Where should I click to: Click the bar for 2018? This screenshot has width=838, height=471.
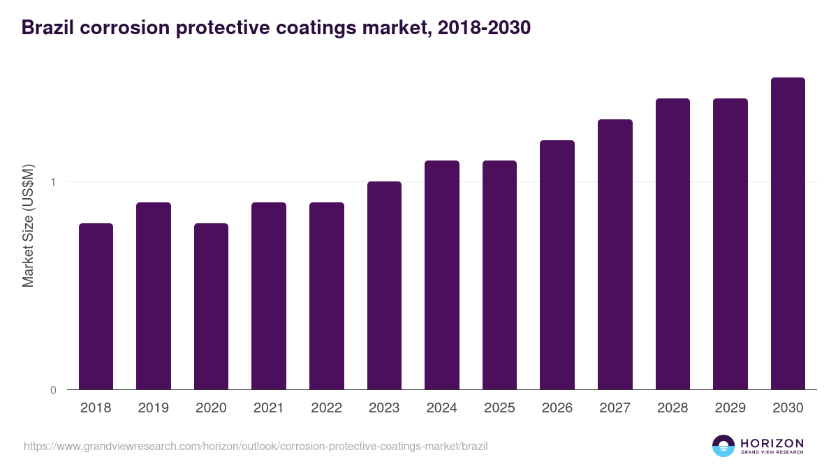click(96, 306)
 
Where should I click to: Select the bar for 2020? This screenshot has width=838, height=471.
click(211, 306)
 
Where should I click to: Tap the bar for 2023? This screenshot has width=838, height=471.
click(384, 285)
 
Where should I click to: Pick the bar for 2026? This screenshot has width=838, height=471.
click(557, 264)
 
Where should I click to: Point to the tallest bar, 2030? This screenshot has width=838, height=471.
click(788, 233)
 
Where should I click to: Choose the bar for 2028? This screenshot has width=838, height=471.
click(672, 244)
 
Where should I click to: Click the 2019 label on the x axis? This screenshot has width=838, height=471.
click(153, 408)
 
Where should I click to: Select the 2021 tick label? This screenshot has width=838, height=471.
click(269, 408)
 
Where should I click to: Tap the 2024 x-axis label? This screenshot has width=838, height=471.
click(441, 408)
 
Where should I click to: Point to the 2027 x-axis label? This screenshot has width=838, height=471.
click(615, 408)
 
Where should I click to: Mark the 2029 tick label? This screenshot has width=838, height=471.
click(730, 408)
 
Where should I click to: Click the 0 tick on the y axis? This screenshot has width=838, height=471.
click(53, 390)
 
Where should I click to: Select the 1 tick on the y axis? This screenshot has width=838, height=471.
click(53, 182)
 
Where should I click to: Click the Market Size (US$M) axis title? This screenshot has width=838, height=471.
click(29, 225)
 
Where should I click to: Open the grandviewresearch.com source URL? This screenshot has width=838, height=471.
click(256, 446)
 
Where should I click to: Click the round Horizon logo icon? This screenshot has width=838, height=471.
click(723, 446)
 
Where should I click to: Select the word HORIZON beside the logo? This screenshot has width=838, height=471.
click(772, 443)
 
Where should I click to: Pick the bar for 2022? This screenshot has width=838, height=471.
click(326, 296)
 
